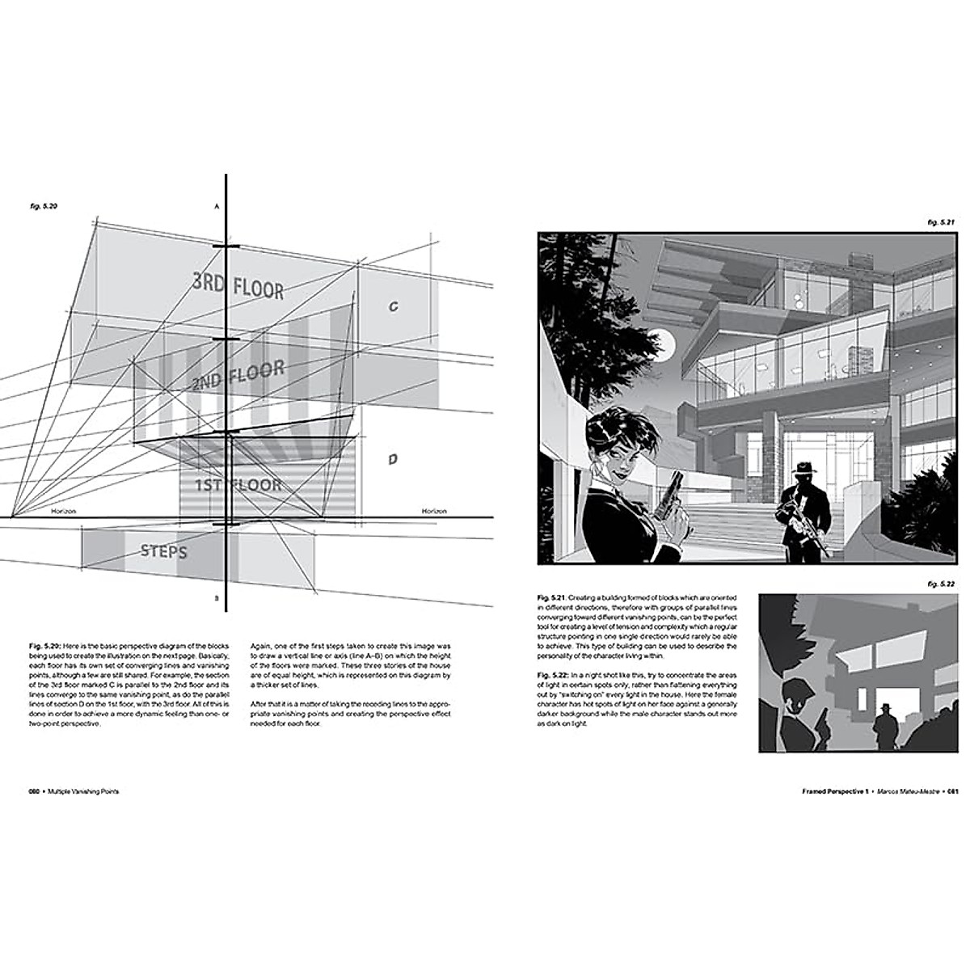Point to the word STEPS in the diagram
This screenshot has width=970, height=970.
click(163, 552)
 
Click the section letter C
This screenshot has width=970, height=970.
click(394, 306)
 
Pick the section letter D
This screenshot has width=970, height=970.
click(392, 459)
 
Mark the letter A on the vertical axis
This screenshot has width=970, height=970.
click(217, 208)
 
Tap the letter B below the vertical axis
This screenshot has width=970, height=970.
click(217, 598)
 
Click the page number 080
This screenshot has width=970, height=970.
click(35, 793)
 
